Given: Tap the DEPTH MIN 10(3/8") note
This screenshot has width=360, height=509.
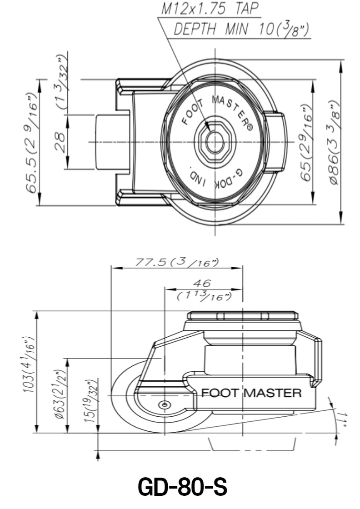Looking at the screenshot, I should (241, 30).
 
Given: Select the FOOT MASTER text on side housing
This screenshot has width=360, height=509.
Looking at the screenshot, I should (251, 393).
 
